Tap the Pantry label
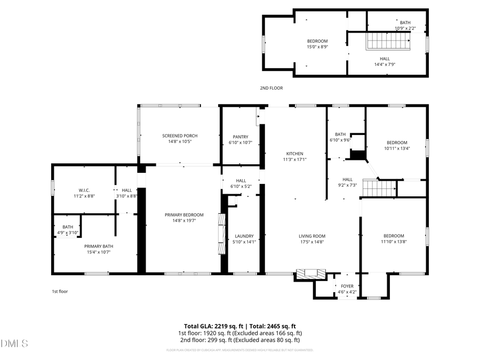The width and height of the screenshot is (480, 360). click(x=241, y=137)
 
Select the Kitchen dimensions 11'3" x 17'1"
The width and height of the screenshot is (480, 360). click(x=295, y=159)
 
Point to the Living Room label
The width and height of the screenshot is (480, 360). click(x=311, y=236)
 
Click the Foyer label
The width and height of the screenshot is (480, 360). click(x=347, y=286)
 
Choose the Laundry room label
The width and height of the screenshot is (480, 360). click(x=244, y=236)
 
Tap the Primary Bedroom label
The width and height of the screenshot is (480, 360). click(x=184, y=214)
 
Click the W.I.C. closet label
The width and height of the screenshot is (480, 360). click(x=84, y=190)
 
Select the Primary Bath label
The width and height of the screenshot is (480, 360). click(x=99, y=246)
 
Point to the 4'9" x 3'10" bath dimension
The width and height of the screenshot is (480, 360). click(x=68, y=233)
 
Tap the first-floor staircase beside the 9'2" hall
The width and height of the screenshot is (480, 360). click(x=380, y=188)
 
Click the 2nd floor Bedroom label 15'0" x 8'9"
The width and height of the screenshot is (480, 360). click(x=317, y=41)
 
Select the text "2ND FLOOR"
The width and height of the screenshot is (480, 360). click(x=271, y=88)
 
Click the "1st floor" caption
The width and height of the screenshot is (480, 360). click(x=60, y=291)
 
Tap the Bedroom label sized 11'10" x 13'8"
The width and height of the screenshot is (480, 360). click(x=394, y=236)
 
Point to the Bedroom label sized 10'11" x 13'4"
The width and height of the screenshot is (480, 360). click(x=397, y=142)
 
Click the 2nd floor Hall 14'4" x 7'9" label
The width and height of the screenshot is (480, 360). click(x=385, y=59)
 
